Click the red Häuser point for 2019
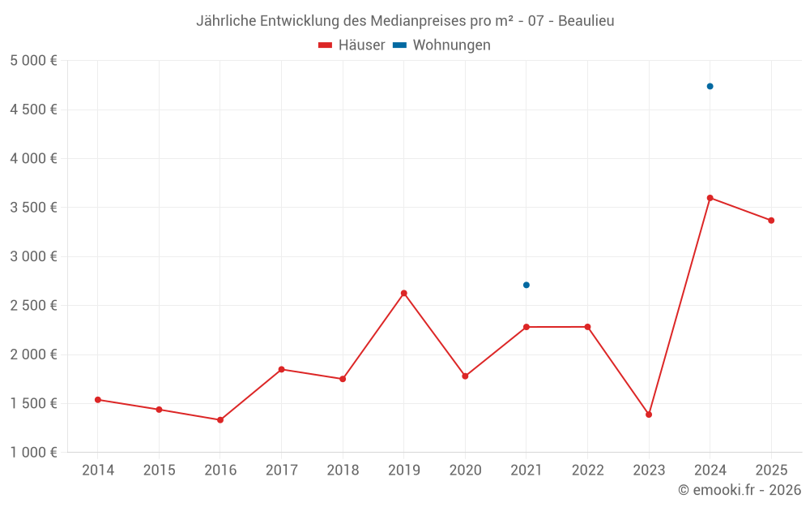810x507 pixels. point(404,293)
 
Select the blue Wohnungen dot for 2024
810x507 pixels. point(710,86)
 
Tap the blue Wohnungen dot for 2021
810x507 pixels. point(526,285)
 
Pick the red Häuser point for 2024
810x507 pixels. point(710,198)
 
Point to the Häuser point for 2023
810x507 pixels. point(649,415)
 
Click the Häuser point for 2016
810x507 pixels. point(220,420)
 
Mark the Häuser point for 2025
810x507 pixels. point(771,221)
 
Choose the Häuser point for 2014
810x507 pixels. point(98,400)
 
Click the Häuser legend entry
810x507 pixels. point(352,45)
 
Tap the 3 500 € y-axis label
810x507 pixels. point(34,208)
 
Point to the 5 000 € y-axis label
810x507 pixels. point(34,61)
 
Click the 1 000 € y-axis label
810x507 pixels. point(34,453)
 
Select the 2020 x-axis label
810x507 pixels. point(465,470)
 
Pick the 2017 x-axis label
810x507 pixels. point(281,470)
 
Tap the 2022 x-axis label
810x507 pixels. point(587,470)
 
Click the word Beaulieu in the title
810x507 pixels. point(585,21)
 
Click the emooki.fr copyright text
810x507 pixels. point(740,490)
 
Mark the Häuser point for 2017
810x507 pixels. point(281,369)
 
